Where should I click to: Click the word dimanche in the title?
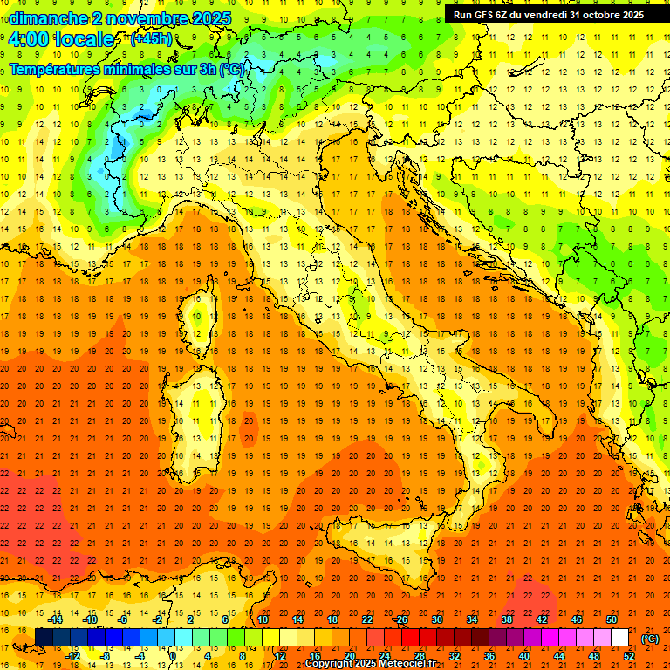coord(44,18)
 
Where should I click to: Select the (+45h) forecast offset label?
coord(150,39)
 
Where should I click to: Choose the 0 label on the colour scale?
coord(172,656)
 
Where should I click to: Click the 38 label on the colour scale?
coord(506,619)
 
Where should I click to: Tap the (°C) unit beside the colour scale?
coord(649,638)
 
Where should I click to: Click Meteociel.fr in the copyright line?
coord(409,664)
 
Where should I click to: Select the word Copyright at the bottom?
coord(331,664)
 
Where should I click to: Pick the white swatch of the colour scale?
coord(619,637)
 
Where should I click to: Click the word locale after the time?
coord(84,39)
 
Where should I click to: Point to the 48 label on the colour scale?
coord(593,656)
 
